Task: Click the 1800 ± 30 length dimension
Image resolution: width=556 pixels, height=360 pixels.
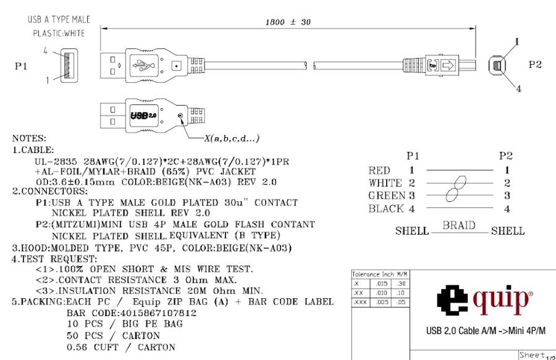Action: coord(287,21)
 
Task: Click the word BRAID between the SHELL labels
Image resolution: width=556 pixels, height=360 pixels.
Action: coord(460,227)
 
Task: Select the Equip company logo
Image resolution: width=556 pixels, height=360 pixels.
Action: coord(482,295)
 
